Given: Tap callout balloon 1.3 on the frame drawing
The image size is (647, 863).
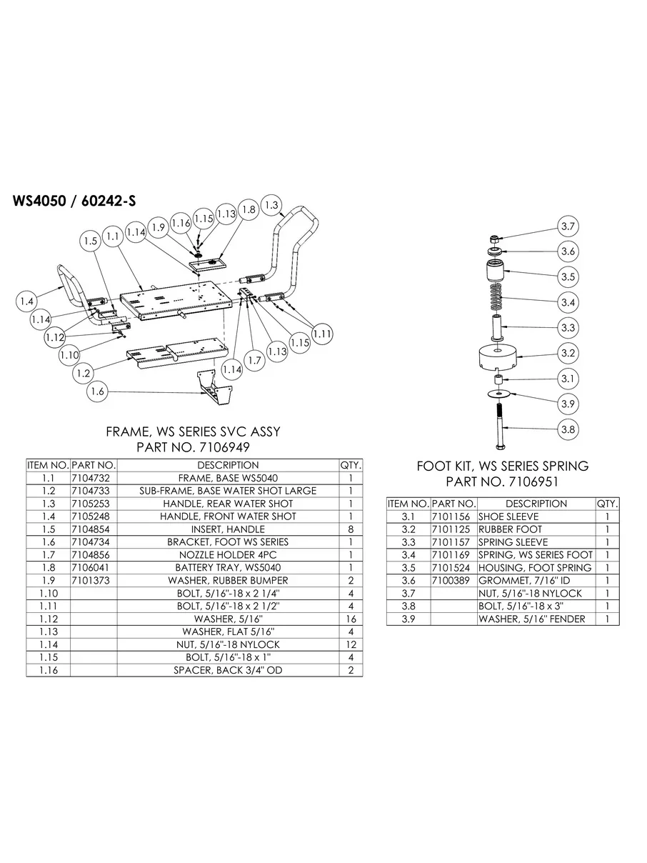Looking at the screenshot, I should point(271,205).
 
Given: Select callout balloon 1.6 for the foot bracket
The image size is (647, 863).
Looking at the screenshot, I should point(99,391).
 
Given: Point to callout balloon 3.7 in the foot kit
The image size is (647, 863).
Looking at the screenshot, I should point(568,226).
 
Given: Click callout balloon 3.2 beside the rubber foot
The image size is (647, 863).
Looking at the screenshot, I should point(568,353).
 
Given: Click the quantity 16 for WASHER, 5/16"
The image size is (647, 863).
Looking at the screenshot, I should point(351,619).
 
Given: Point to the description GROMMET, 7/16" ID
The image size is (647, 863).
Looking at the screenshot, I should point(524,581).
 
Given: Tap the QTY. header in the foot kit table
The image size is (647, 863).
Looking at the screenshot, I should point(607,504).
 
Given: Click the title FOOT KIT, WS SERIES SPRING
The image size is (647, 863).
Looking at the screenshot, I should point(503,466).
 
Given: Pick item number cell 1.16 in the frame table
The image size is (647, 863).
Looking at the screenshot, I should point(48,671).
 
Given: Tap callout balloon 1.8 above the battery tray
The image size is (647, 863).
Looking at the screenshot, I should point(249,210).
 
